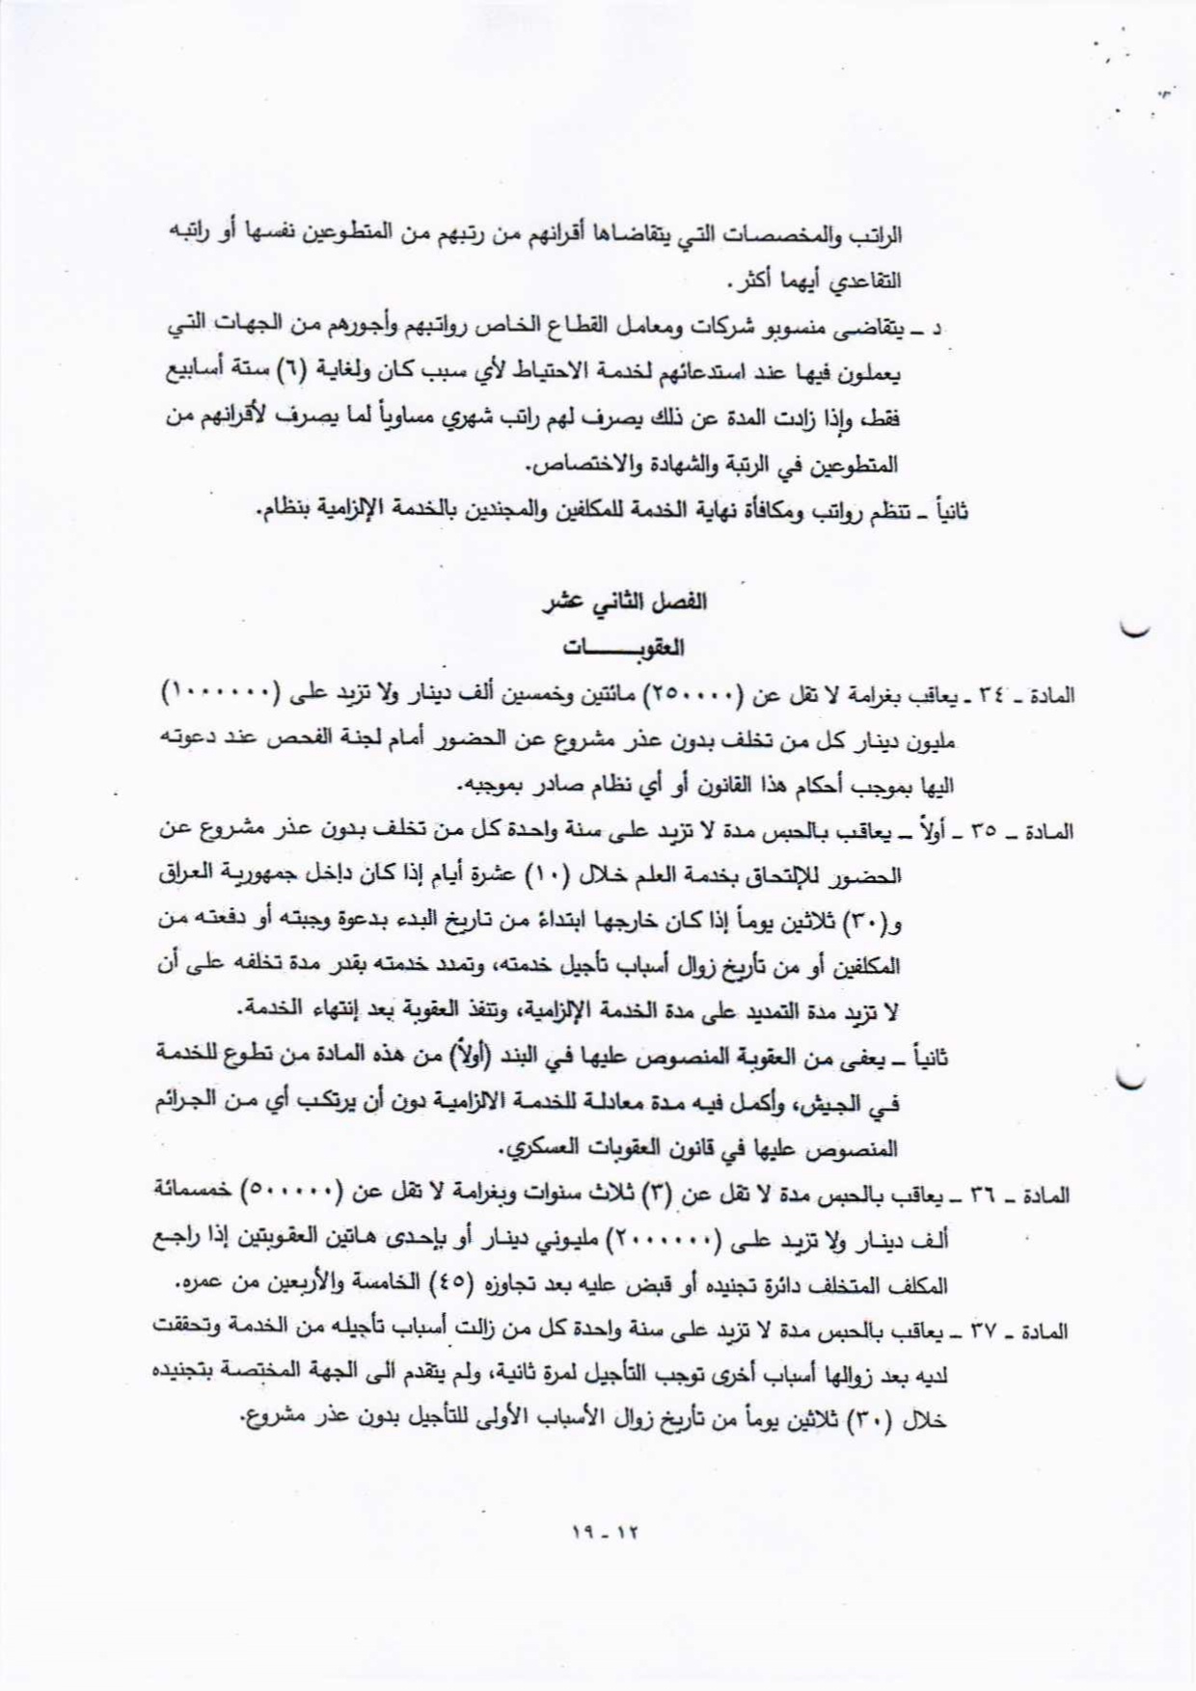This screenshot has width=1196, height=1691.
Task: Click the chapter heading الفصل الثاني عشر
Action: [625, 602]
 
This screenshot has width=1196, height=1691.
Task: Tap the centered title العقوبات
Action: [624, 647]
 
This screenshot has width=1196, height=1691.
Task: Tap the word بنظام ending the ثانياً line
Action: [287, 511]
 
